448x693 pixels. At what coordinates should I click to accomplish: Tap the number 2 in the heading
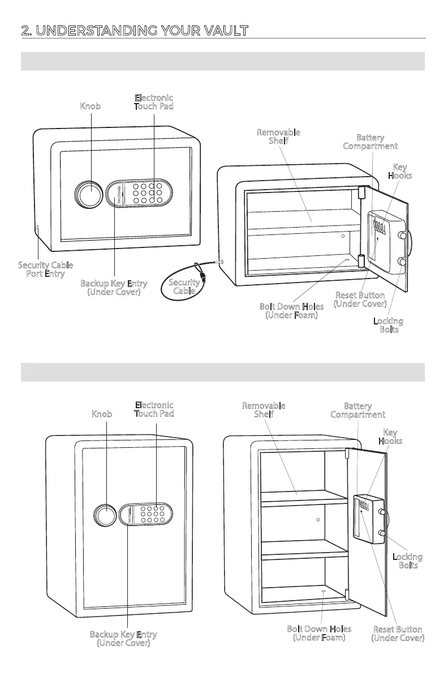(x=24, y=31)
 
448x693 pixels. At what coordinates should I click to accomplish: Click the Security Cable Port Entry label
(x=45, y=269)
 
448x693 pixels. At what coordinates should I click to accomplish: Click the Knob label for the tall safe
(x=102, y=414)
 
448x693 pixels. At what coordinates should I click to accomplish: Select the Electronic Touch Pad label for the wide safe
(x=153, y=102)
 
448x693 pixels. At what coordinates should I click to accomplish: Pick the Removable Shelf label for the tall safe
(x=264, y=410)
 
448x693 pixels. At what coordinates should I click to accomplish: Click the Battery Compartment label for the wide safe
(x=370, y=142)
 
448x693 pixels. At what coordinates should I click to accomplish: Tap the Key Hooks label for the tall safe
(x=390, y=437)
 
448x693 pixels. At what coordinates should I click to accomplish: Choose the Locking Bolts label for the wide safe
(x=388, y=325)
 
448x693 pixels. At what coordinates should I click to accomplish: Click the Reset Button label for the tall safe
(x=398, y=634)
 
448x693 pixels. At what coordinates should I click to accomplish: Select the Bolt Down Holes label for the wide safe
(x=292, y=310)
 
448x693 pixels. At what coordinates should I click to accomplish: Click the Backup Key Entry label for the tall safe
(x=123, y=639)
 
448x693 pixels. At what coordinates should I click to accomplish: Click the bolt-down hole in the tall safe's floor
(x=323, y=592)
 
